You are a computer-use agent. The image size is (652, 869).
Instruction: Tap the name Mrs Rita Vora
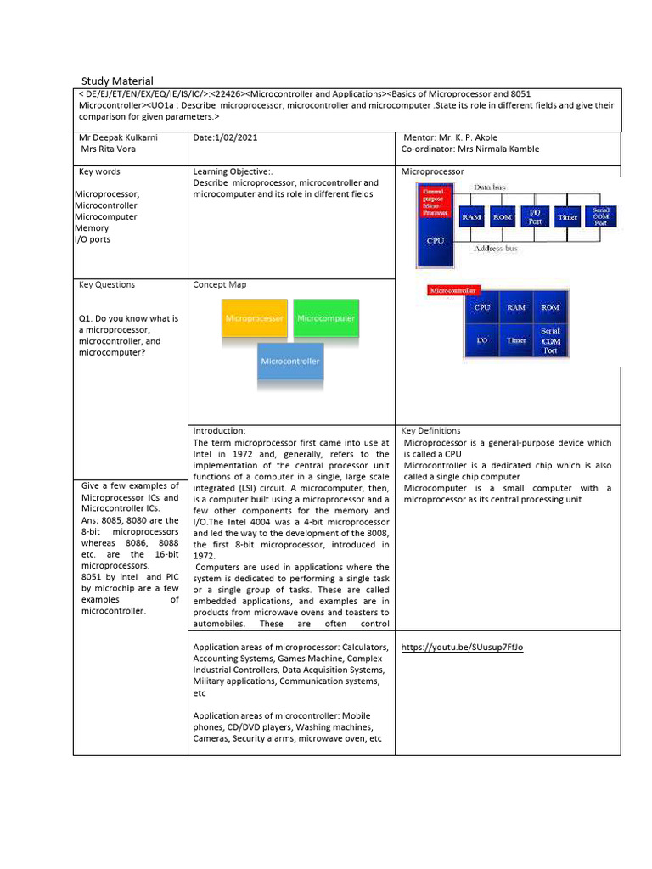[x=108, y=149]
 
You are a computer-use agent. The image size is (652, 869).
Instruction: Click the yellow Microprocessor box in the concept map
[x=254, y=318]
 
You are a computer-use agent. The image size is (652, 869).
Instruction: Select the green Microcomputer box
[x=326, y=318]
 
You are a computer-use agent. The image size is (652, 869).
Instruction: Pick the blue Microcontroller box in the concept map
[x=290, y=361]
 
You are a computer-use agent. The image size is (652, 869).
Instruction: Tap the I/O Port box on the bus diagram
[x=534, y=217]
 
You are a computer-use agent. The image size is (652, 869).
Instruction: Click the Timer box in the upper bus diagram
[x=567, y=217]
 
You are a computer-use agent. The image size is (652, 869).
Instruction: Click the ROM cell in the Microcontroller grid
[x=549, y=308]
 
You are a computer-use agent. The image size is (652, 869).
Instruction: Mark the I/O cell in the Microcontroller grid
[x=481, y=339]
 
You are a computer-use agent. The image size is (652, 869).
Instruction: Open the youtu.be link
[x=462, y=648]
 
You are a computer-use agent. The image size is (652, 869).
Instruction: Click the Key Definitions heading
[x=430, y=431]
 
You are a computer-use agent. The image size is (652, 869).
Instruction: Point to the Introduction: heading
[x=219, y=431]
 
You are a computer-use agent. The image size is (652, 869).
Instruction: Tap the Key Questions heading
[x=106, y=285]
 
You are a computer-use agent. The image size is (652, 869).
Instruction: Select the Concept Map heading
[x=219, y=285]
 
